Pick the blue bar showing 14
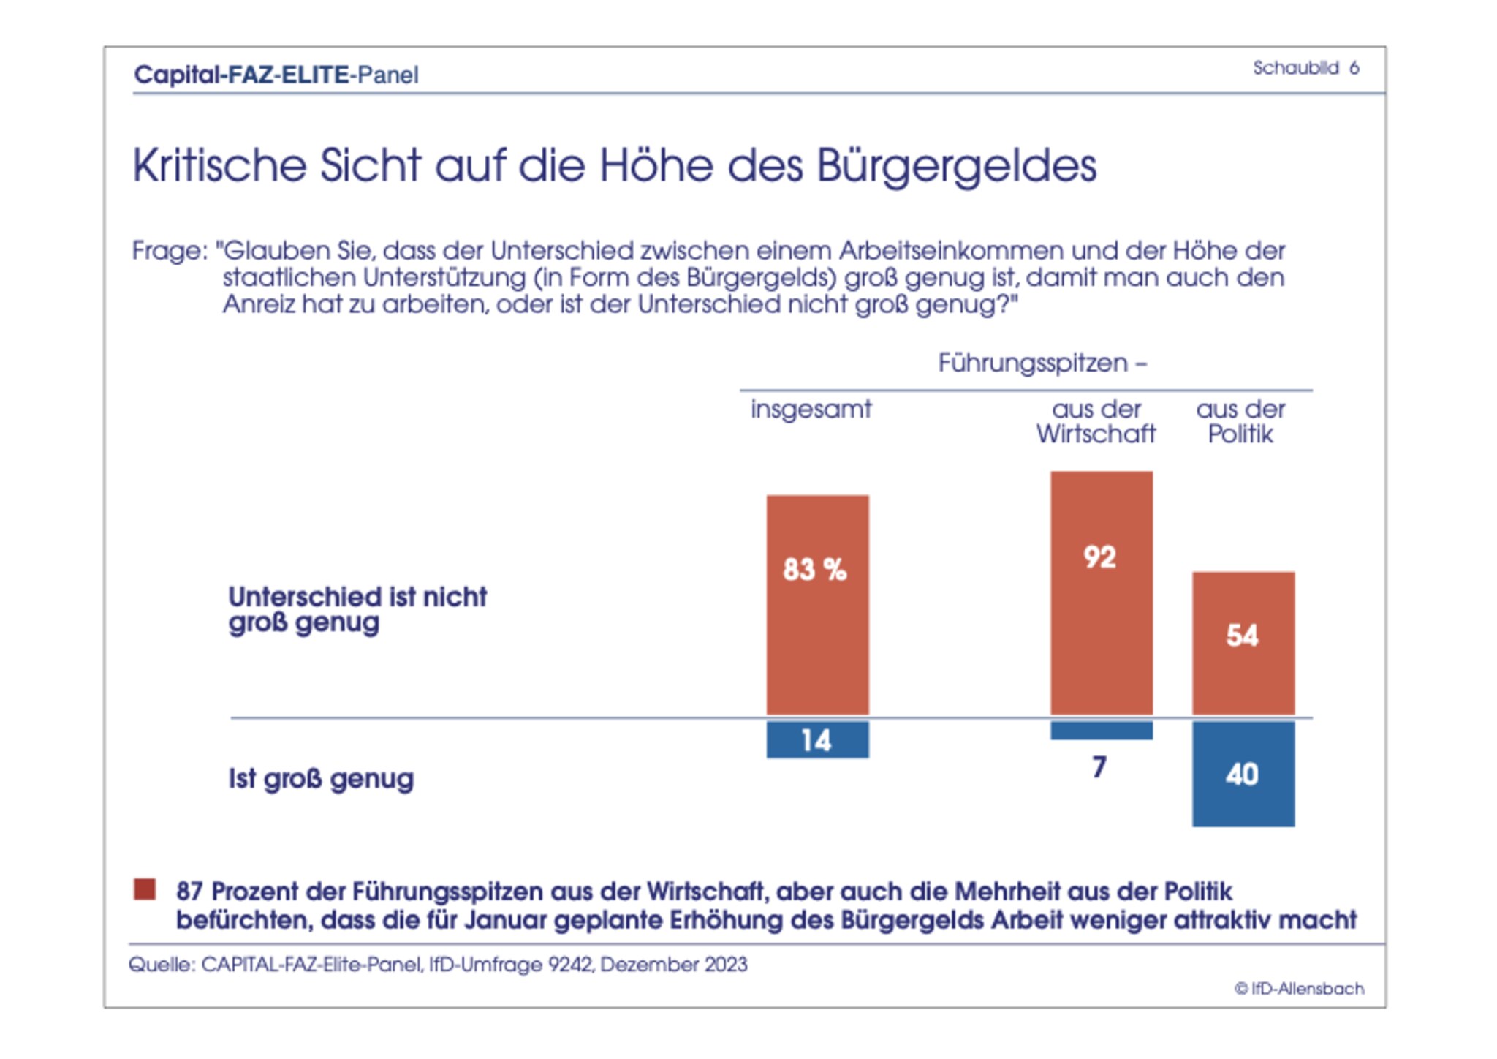[x=817, y=739]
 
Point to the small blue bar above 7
[x=1101, y=730]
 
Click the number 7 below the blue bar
[x=1099, y=767]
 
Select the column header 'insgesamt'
[x=811, y=409]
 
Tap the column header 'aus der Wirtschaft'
[x=1096, y=421]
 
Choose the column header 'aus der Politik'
[x=1240, y=421]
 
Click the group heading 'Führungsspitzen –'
[x=1042, y=363]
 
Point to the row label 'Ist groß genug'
[x=321, y=779]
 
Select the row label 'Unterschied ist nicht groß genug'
[x=357, y=609]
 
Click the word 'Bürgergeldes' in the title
[x=956, y=166]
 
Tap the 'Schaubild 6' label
[x=1305, y=68]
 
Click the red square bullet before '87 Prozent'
[x=145, y=889]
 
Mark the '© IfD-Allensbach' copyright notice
[x=1299, y=989]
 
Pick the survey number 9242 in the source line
[x=571, y=965]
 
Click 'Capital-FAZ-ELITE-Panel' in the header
[x=276, y=75]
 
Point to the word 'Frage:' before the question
[x=170, y=251]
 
